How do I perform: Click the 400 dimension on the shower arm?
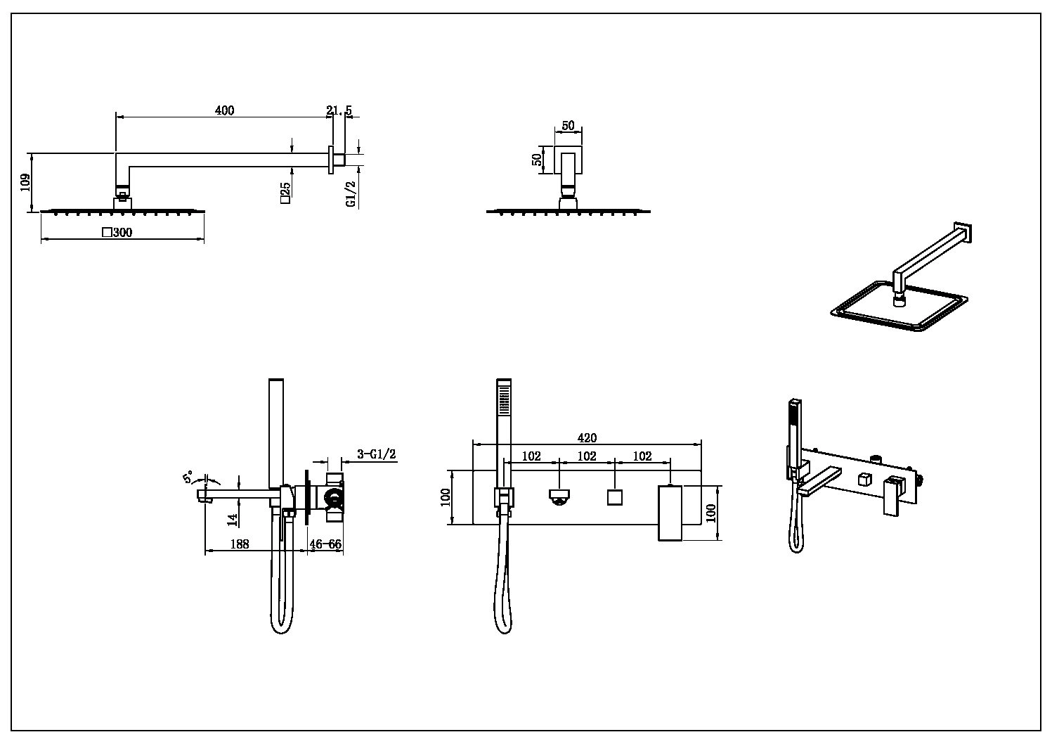pyautogui.click(x=224, y=110)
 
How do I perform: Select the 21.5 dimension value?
pyautogui.click(x=339, y=110)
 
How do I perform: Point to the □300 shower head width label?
pyautogui.click(x=117, y=233)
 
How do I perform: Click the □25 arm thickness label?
pyautogui.click(x=285, y=192)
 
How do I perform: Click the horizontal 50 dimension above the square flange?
pyautogui.click(x=568, y=126)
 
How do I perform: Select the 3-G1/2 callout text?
pyautogui.click(x=377, y=454)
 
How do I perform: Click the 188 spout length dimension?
pyautogui.click(x=240, y=544)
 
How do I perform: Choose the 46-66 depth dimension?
pyautogui.click(x=325, y=544)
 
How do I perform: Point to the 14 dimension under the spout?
pyautogui.click(x=233, y=520)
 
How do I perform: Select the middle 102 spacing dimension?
pyautogui.click(x=586, y=456)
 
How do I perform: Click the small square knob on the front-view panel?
pyautogui.click(x=615, y=497)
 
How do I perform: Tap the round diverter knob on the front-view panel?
pyautogui.click(x=559, y=496)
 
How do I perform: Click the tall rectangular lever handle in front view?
pyautogui.click(x=670, y=513)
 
